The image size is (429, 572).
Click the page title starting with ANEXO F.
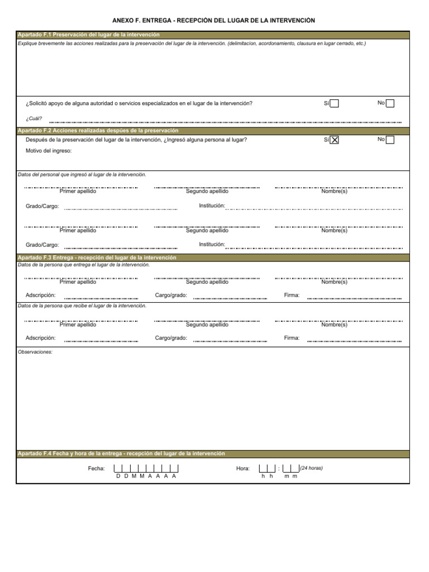click(214, 21)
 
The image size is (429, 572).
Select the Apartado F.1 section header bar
click(212, 35)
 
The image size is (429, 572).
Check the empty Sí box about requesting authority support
click(334, 103)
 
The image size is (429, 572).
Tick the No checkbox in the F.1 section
click(390, 103)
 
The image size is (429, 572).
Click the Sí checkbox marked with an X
click(334, 140)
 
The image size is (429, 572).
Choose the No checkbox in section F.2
click(390, 140)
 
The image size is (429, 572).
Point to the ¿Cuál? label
click(34, 118)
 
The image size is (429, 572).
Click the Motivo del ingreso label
click(49, 151)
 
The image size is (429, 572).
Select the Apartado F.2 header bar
click(212, 130)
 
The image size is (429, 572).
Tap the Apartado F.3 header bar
click(212, 258)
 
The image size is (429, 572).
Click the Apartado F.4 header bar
click(212, 454)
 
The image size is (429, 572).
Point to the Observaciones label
click(35, 352)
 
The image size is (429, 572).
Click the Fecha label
click(96, 469)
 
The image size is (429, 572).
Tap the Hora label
click(243, 469)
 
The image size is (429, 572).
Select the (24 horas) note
click(311, 468)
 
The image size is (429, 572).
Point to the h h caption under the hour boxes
click(266, 476)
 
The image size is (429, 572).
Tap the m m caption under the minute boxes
click(290, 476)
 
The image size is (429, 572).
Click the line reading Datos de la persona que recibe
click(82, 306)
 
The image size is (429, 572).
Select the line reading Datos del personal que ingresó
click(82, 175)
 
